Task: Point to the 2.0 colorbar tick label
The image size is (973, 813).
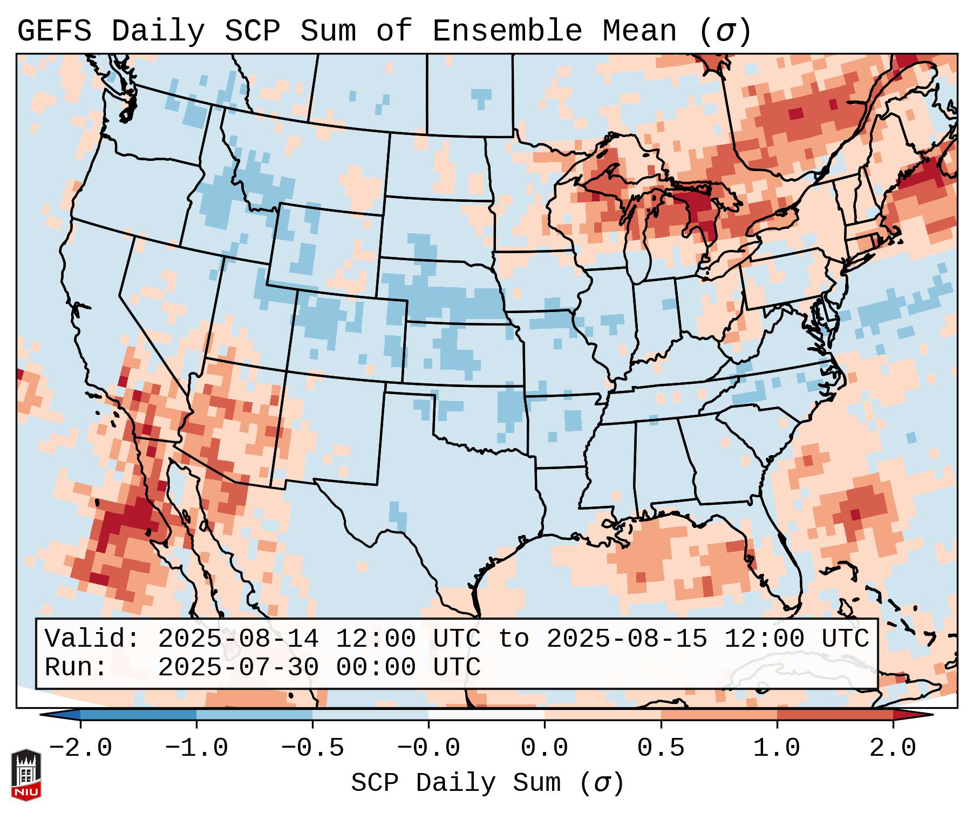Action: click(x=893, y=748)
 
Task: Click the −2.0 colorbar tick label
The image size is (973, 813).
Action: click(x=80, y=748)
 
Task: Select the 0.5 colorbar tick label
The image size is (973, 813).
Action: click(x=661, y=748)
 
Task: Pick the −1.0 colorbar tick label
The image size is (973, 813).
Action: click(x=196, y=748)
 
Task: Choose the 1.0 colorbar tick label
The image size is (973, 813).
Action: click(x=777, y=748)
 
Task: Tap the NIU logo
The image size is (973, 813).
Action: click(x=26, y=775)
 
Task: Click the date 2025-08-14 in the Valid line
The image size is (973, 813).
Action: click(x=238, y=639)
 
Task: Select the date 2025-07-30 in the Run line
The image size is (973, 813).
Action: click(x=238, y=667)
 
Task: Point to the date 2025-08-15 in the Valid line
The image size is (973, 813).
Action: click(x=627, y=639)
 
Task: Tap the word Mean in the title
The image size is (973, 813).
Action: click(x=639, y=31)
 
